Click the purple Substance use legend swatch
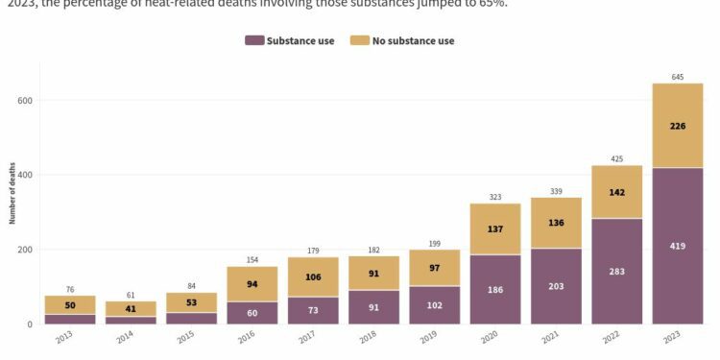click(x=254, y=40)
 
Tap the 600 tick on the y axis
click(x=24, y=101)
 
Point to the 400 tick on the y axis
click(x=24, y=175)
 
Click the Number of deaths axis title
click(x=13, y=192)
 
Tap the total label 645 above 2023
click(x=678, y=77)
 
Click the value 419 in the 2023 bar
click(x=678, y=246)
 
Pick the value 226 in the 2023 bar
click(x=678, y=125)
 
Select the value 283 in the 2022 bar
click(x=616, y=271)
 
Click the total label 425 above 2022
click(x=616, y=158)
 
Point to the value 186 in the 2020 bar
click(x=495, y=289)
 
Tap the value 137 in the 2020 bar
click(x=495, y=228)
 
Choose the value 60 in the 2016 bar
click(x=252, y=313)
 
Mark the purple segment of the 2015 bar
click(x=192, y=318)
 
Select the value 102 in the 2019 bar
click(x=435, y=305)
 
